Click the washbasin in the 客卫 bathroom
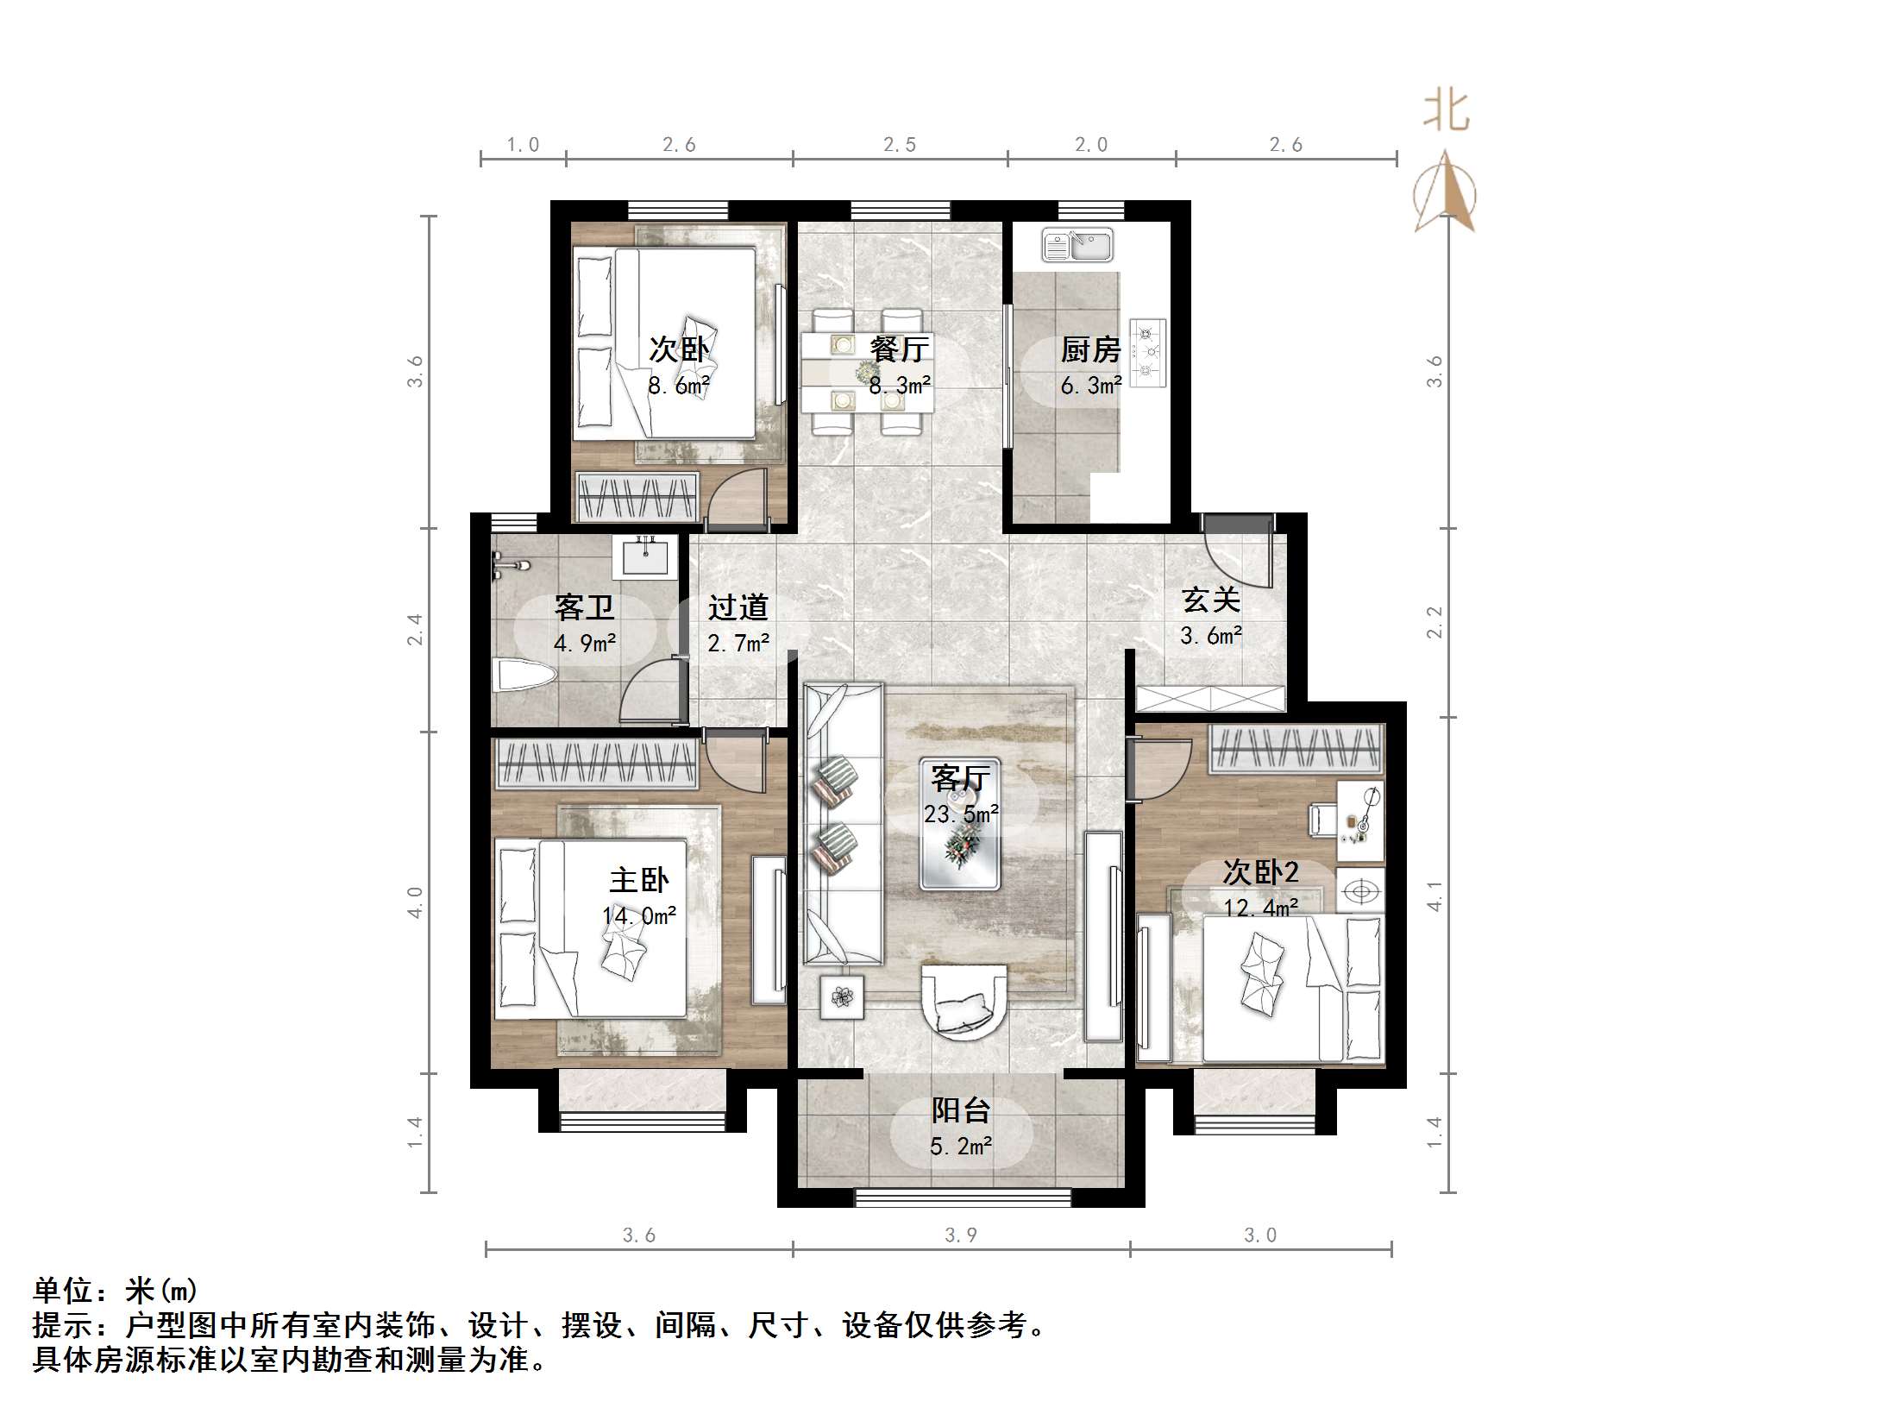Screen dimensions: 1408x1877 click(644, 556)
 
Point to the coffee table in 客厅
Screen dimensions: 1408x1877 click(959, 848)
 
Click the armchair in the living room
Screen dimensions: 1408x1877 click(964, 1003)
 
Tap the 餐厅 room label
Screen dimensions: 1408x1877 click(899, 349)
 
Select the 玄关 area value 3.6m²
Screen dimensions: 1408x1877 click(1210, 637)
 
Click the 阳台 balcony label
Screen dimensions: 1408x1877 click(960, 1110)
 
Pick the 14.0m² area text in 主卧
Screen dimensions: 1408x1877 click(638, 915)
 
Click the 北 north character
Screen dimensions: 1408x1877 click(1446, 112)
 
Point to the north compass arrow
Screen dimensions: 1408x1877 click(1445, 192)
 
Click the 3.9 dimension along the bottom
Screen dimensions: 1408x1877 click(960, 1235)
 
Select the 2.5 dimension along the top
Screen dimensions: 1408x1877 click(899, 145)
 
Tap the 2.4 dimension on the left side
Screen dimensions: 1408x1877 click(416, 629)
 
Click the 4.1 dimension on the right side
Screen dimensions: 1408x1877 click(1434, 896)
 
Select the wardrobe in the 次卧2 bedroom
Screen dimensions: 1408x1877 click(1296, 748)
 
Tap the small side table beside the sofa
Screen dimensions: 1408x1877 click(842, 997)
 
